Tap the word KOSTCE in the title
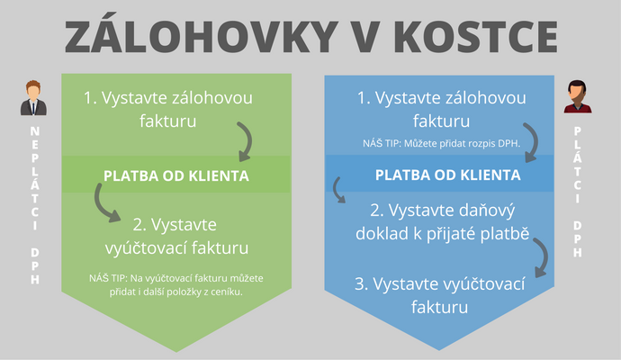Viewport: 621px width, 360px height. click(x=476, y=36)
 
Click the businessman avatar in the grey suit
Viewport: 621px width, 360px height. click(x=33, y=98)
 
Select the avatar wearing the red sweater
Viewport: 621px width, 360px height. click(x=578, y=96)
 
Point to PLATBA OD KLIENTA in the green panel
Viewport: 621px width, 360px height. click(x=176, y=175)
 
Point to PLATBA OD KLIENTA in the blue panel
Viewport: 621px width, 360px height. click(x=448, y=175)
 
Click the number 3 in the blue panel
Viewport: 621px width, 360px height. click(x=360, y=284)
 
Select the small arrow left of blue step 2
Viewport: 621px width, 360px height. click(x=337, y=191)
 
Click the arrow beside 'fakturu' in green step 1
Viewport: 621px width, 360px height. click(x=247, y=140)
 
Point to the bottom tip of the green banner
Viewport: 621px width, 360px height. click(x=176, y=351)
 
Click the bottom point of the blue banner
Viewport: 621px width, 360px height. click(x=439, y=350)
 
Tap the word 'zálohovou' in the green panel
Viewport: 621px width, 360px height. click(x=212, y=98)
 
